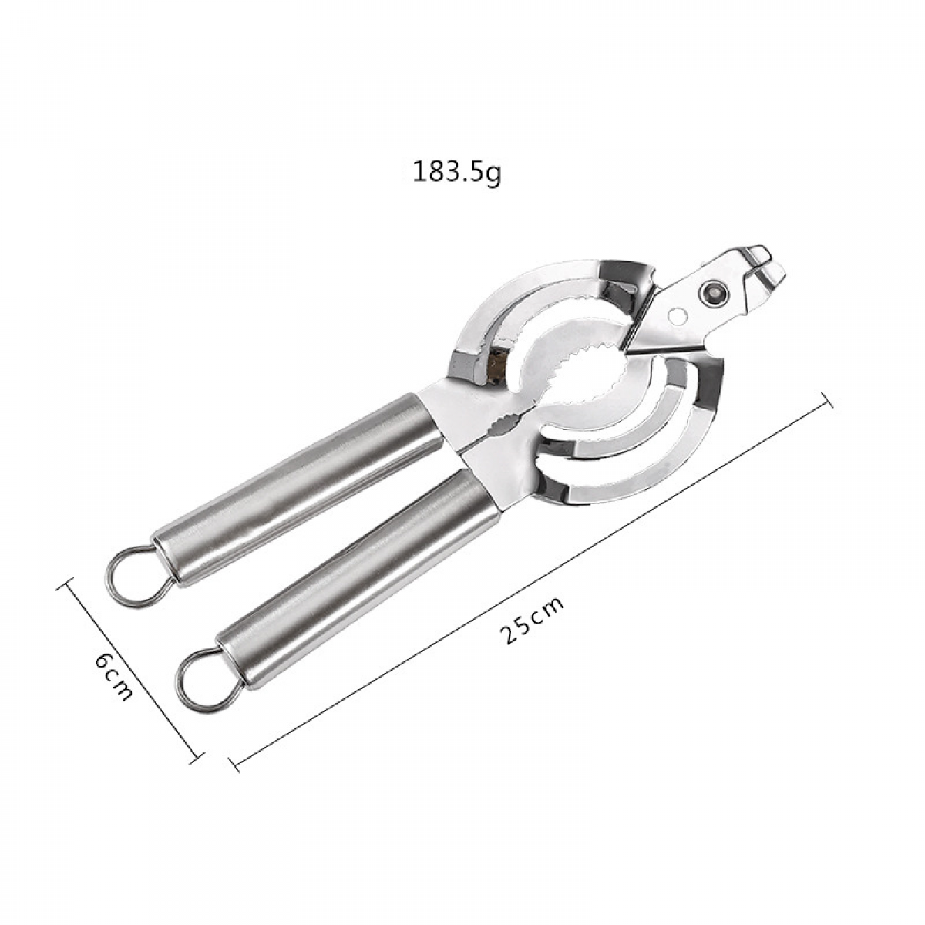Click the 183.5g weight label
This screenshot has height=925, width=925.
click(x=456, y=173)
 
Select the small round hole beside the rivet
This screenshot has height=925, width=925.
click(x=679, y=316)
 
